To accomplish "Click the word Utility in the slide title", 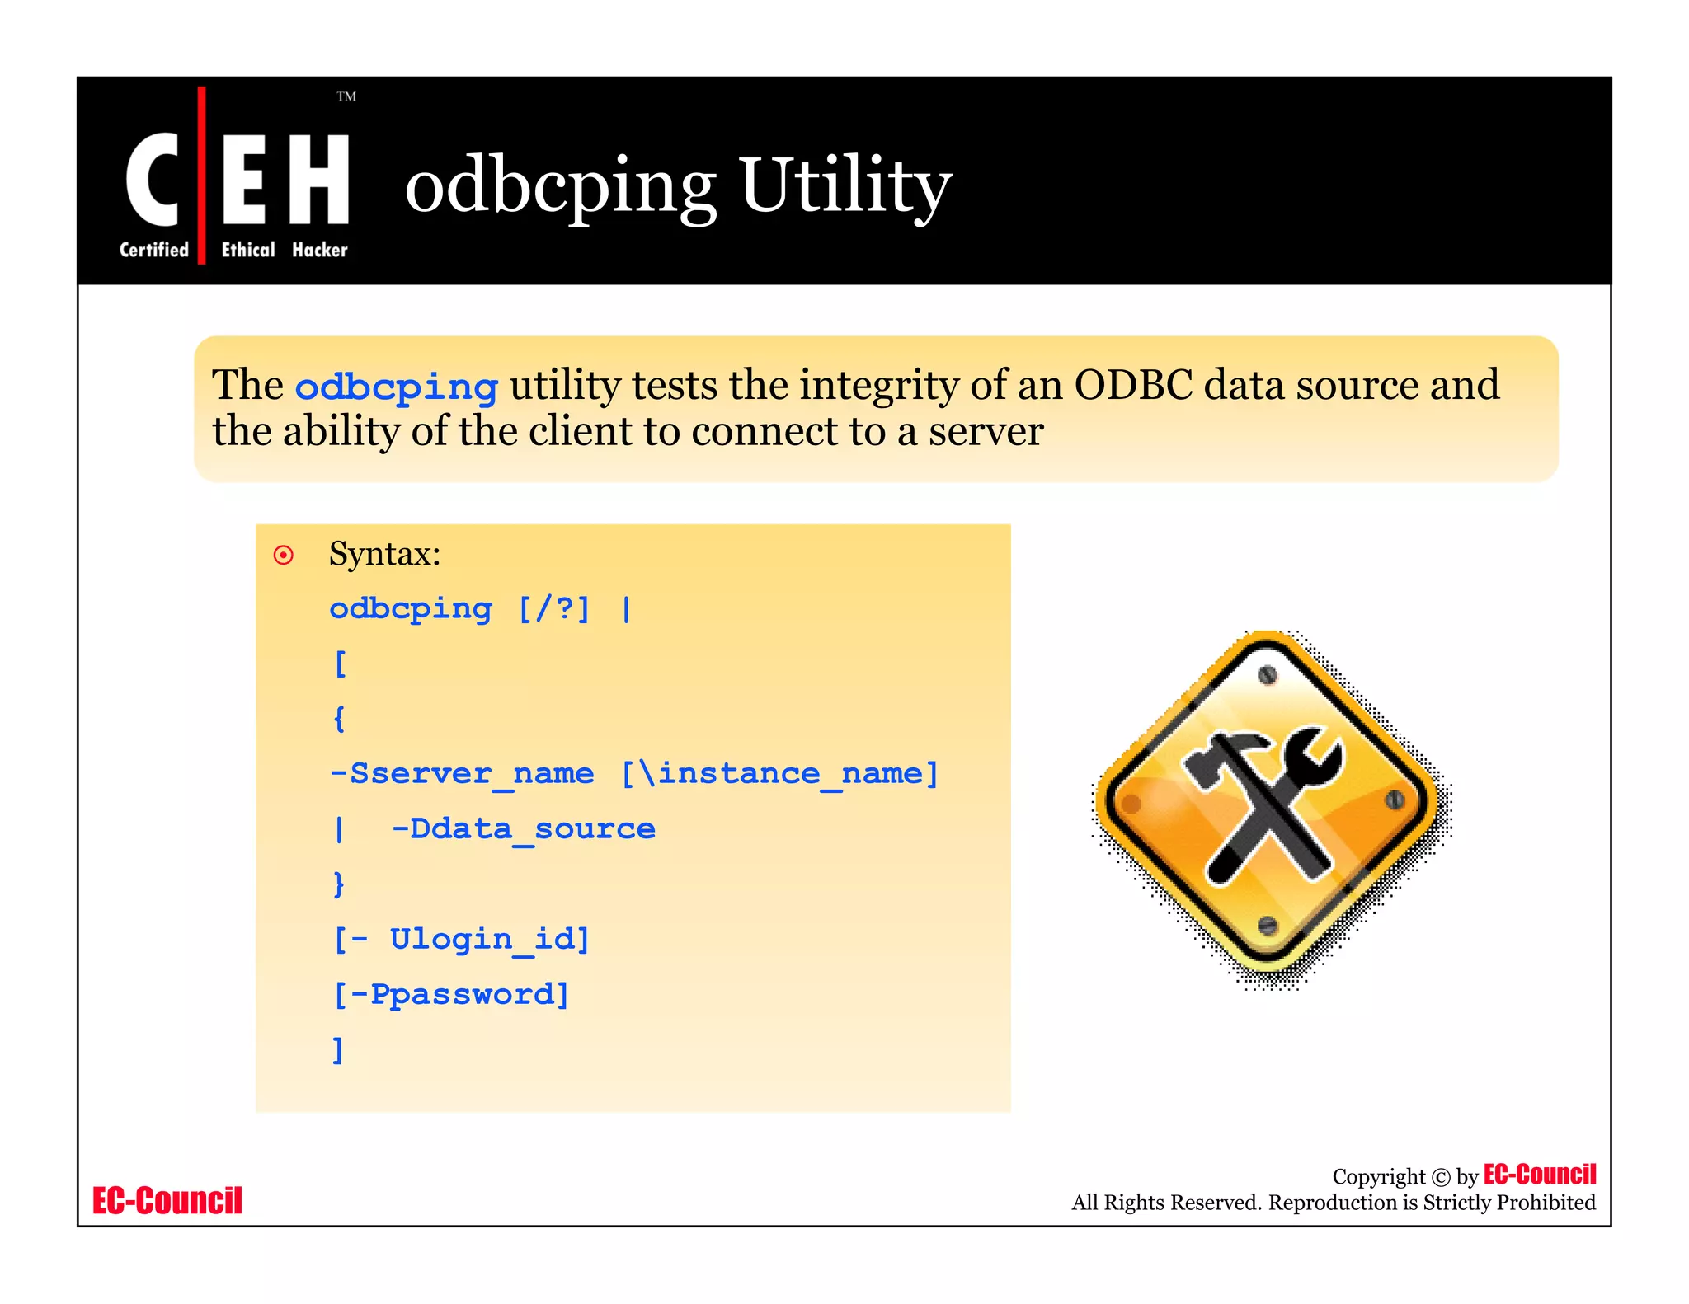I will click(845, 185).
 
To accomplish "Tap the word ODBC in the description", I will click(1133, 385).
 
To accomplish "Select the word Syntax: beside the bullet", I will click(384, 554).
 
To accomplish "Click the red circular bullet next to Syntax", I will click(283, 556).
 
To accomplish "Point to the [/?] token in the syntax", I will click(554, 609).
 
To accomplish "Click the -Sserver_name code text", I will click(461, 774).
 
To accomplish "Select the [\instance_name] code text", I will click(779, 774).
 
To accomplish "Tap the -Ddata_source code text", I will click(523, 829).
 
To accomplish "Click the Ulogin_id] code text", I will click(490, 940).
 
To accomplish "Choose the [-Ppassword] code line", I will click(451, 995).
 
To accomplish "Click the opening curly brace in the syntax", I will click(339, 719).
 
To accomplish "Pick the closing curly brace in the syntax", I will click(339, 884).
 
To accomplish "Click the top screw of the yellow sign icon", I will click(1268, 675).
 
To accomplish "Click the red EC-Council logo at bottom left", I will click(167, 1201).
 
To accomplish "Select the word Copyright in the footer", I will click(1378, 1177).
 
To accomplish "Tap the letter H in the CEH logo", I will click(320, 180).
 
